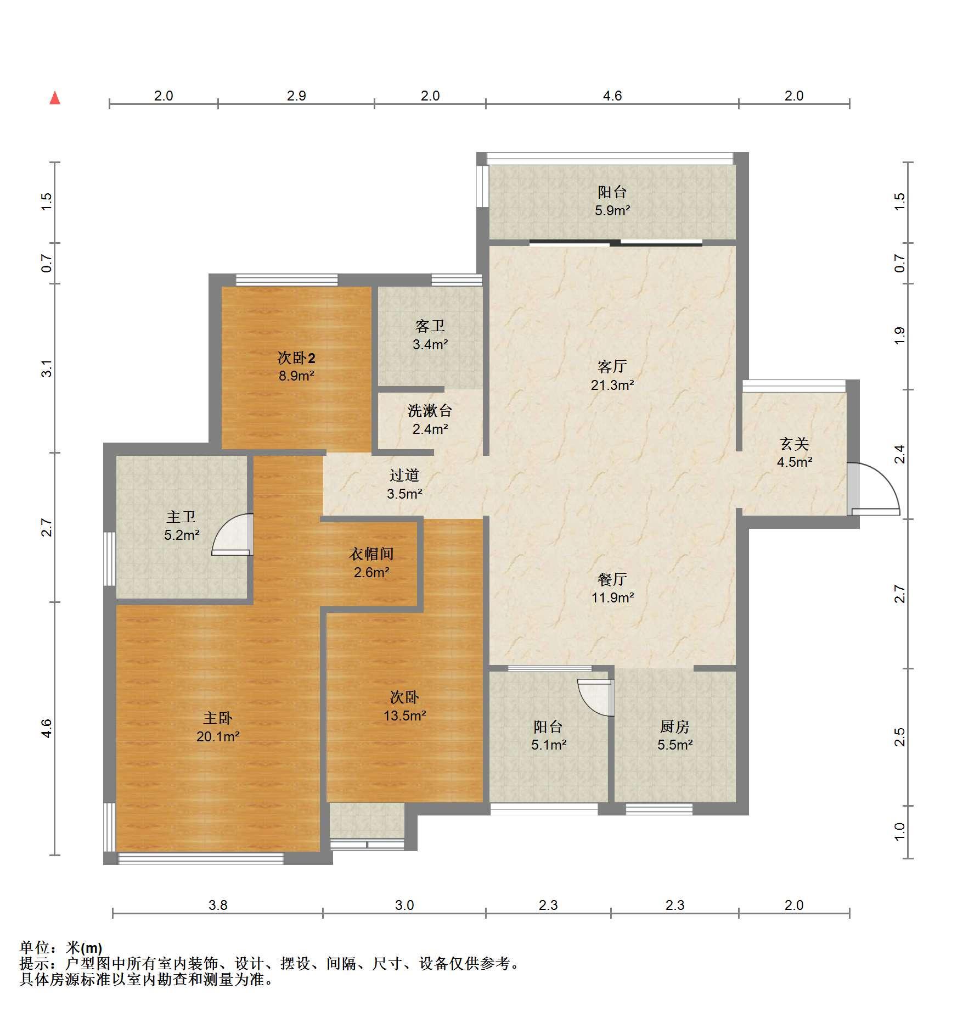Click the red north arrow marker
[55, 98]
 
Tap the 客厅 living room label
[612, 366]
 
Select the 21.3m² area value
[612, 385]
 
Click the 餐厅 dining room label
[612, 579]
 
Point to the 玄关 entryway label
[794, 443]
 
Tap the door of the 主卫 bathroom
[232, 534]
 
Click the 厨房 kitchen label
[674, 727]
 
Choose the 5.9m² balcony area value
[612, 210]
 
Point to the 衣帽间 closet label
[371, 554]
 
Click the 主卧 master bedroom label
[218, 718]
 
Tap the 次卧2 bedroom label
[296, 358]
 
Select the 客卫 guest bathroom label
[430, 326]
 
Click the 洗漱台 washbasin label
[430, 410]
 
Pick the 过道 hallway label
[404, 475]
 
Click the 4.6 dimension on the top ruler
[612, 96]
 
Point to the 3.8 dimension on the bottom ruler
[218, 905]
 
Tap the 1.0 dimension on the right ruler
[899, 831]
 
